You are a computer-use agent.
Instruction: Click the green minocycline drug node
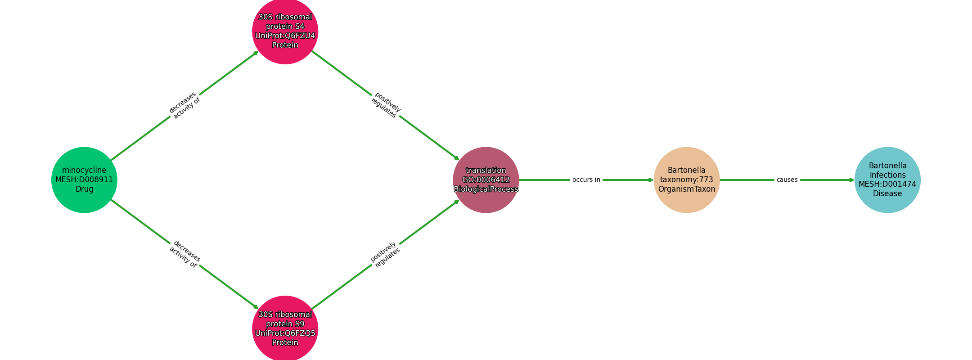tap(84, 180)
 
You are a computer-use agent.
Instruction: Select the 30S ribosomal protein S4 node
tap(285, 31)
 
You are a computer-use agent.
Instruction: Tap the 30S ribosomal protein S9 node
tap(285, 328)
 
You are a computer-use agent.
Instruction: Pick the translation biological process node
tap(486, 180)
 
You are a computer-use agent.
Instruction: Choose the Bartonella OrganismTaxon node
tap(687, 180)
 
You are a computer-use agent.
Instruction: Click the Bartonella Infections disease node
tap(887, 180)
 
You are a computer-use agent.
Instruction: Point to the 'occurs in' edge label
tap(586, 180)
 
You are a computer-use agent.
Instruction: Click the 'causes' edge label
tap(787, 180)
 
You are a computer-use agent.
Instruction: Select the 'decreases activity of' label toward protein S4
tap(184, 105)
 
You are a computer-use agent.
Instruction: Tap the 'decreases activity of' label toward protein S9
tap(184, 254)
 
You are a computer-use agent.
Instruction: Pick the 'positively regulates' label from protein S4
tap(386, 105)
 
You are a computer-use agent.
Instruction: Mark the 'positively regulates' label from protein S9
tap(386, 254)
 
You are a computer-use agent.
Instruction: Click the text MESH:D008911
tap(84, 180)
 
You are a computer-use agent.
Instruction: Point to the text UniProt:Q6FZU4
tap(285, 36)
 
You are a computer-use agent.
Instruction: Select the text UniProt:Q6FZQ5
tap(285, 333)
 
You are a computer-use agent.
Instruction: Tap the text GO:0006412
tap(486, 180)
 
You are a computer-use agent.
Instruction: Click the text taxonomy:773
tap(687, 180)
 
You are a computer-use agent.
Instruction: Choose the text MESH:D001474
tap(887, 184)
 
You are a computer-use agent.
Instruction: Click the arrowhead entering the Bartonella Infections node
tap(852, 180)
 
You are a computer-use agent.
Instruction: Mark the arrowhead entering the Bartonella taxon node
tap(651, 180)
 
